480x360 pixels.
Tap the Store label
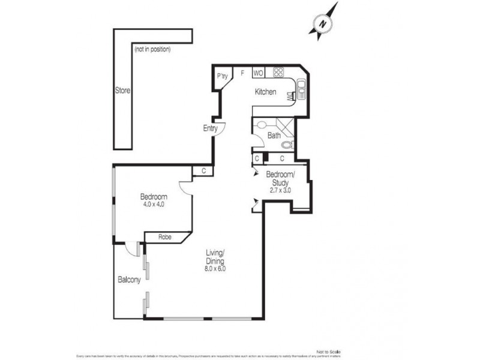click(122, 91)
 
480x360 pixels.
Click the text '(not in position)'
click(152, 49)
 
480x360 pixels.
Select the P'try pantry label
click(223, 76)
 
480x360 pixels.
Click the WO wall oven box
click(259, 73)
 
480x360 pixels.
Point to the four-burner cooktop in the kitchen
click(278, 73)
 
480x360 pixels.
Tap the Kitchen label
click(266, 92)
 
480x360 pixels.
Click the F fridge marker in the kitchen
click(242, 73)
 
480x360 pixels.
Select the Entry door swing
click(220, 128)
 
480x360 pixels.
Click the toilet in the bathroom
click(287, 145)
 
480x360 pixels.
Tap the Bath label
click(274, 136)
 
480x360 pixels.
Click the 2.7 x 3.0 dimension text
click(280, 190)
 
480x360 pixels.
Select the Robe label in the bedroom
click(165, 237)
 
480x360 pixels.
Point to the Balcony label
click(129, 280)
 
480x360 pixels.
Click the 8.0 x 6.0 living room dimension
click(215, 269)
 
